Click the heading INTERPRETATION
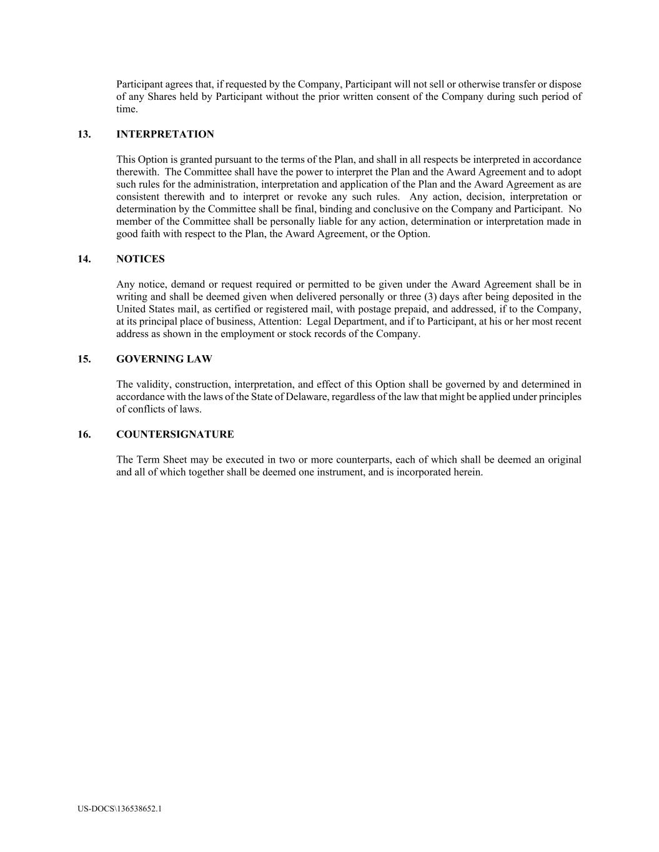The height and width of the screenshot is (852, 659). coord(165,134)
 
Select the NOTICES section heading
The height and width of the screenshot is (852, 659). coord(141,259)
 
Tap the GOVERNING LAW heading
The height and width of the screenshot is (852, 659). coord(164,359)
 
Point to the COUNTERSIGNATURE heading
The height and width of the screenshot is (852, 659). coord(175,434)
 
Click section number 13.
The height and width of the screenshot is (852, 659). coord(84,134)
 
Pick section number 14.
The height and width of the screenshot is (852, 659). coord(84,259)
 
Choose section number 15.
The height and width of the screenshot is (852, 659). coord(84,359)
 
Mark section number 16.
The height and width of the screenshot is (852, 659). coord(84,434)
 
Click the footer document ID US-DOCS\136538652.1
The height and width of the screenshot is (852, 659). coord(120,809)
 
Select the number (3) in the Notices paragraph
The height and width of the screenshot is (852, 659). coord(431,296)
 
